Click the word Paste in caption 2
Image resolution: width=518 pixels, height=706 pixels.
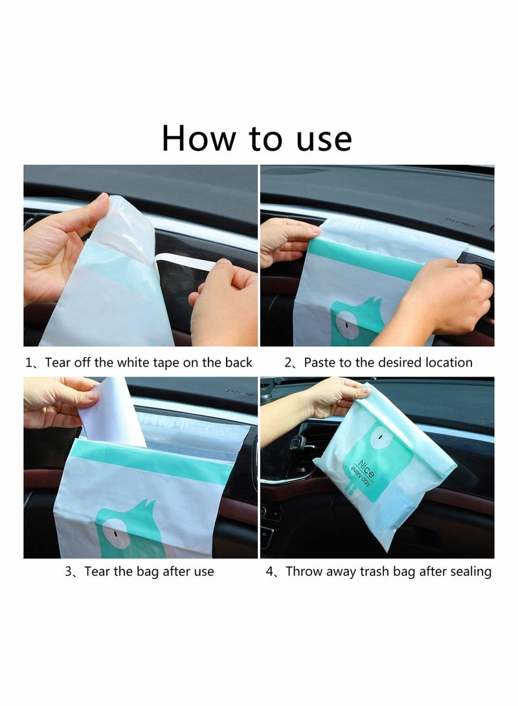pyautogui.click(x=321, y=362)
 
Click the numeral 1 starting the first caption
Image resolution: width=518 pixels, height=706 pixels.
pyautogui.click(x=28, y=362)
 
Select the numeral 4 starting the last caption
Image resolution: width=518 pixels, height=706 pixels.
pyautogui.click(x=270, y=571)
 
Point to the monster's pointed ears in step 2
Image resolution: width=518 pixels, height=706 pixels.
pyautogui.click(x=374, y=301)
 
